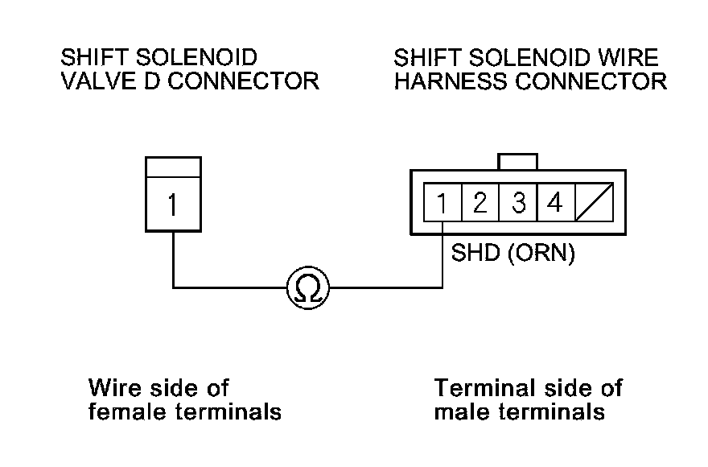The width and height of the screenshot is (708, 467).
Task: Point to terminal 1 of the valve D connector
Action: pos(173,205)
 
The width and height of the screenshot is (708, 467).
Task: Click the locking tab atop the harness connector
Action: pos(517,161)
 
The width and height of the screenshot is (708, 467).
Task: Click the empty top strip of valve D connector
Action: pos(173,167)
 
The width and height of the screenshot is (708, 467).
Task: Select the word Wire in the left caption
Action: pos(113,388)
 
